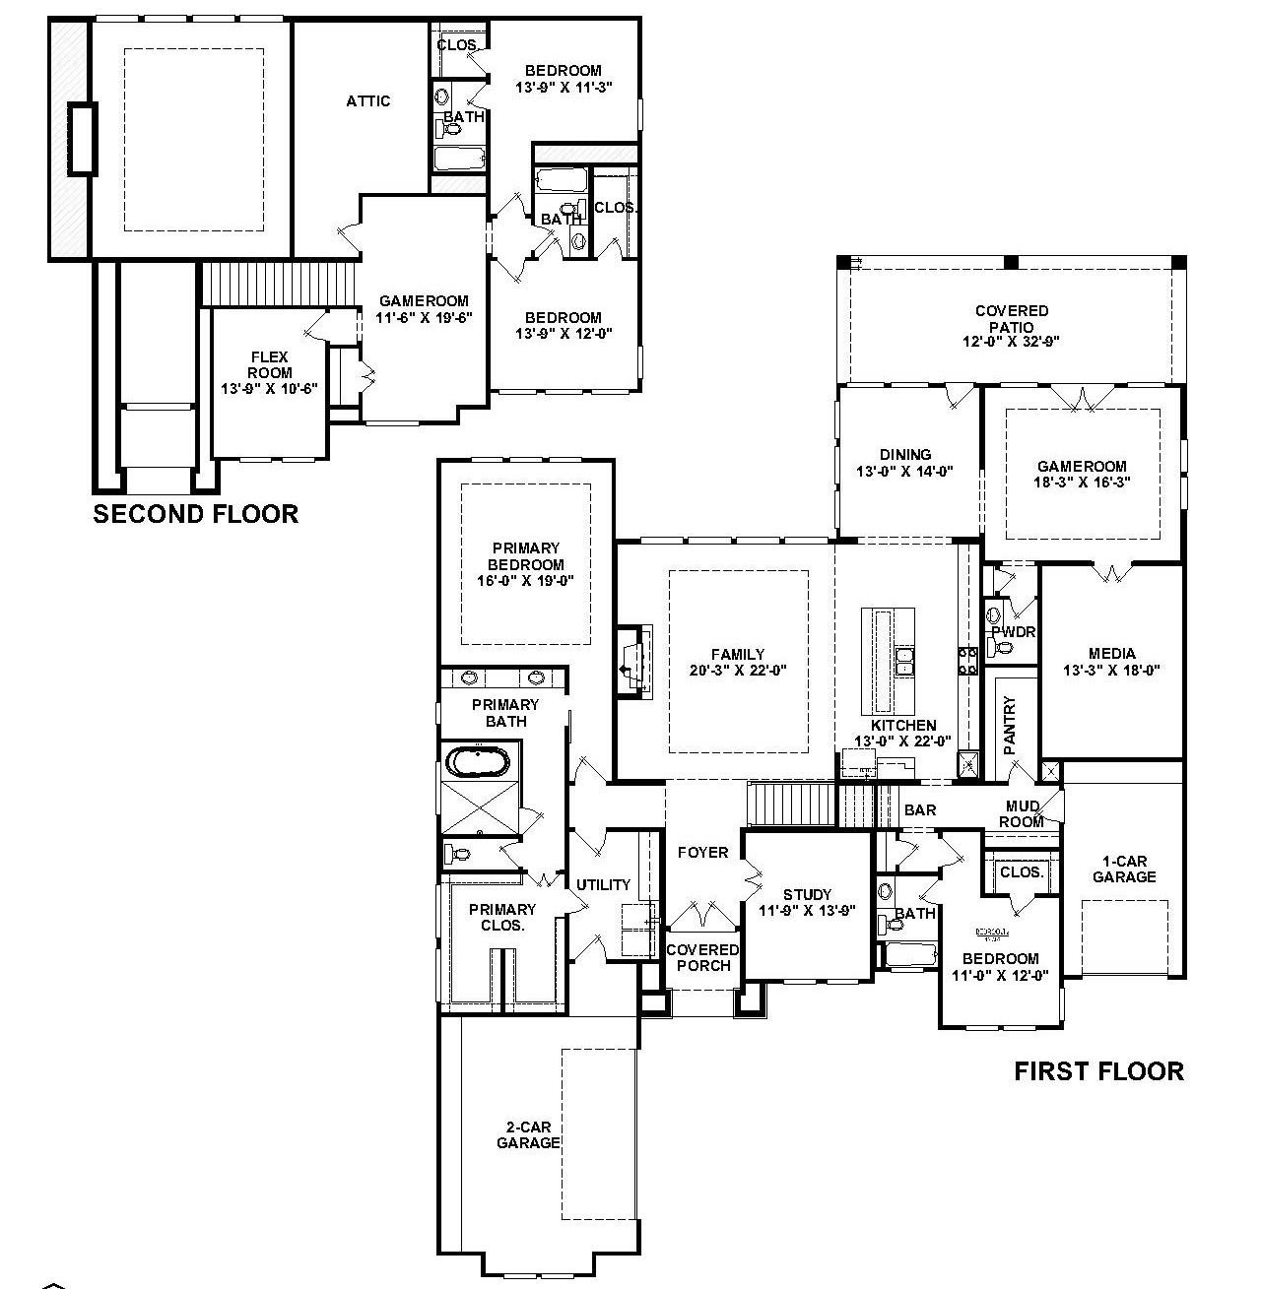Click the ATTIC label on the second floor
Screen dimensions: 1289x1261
click(x=367, y=101)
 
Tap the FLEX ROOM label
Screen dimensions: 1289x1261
click(x=269, y=365)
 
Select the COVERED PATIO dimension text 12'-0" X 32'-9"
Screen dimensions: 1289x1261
click(x=1012, y=343)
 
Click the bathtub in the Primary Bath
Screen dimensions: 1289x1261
click(x=478, y=762)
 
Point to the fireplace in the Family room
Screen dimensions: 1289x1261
click(x=630, y=671)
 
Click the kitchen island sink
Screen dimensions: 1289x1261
click(x=904, y=660)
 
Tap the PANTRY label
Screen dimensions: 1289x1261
click(x=1009, y=726)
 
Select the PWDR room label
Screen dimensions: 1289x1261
click(x=1014, y=631)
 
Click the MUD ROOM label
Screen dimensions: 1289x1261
click(x=1022, y=814)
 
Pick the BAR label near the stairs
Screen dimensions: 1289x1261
click(x=920, y=810)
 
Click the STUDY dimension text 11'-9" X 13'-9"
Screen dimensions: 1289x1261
click(x=807, y=911)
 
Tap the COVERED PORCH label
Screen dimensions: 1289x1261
click(x=702, y=957)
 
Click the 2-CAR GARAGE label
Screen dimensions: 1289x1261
click(x=528, y=1135)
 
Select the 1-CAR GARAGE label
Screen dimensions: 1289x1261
click(x=1123, y=869)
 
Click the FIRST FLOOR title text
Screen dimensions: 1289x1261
click(x=1098, y=1071)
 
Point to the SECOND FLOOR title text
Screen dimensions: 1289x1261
click(x=195, y=514)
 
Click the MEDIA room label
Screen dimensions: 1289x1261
click(x=1111, y=653)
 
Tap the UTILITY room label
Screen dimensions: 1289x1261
click(x=603, y=884)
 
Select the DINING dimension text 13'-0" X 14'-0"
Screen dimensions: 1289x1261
click(x=904, y=472)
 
